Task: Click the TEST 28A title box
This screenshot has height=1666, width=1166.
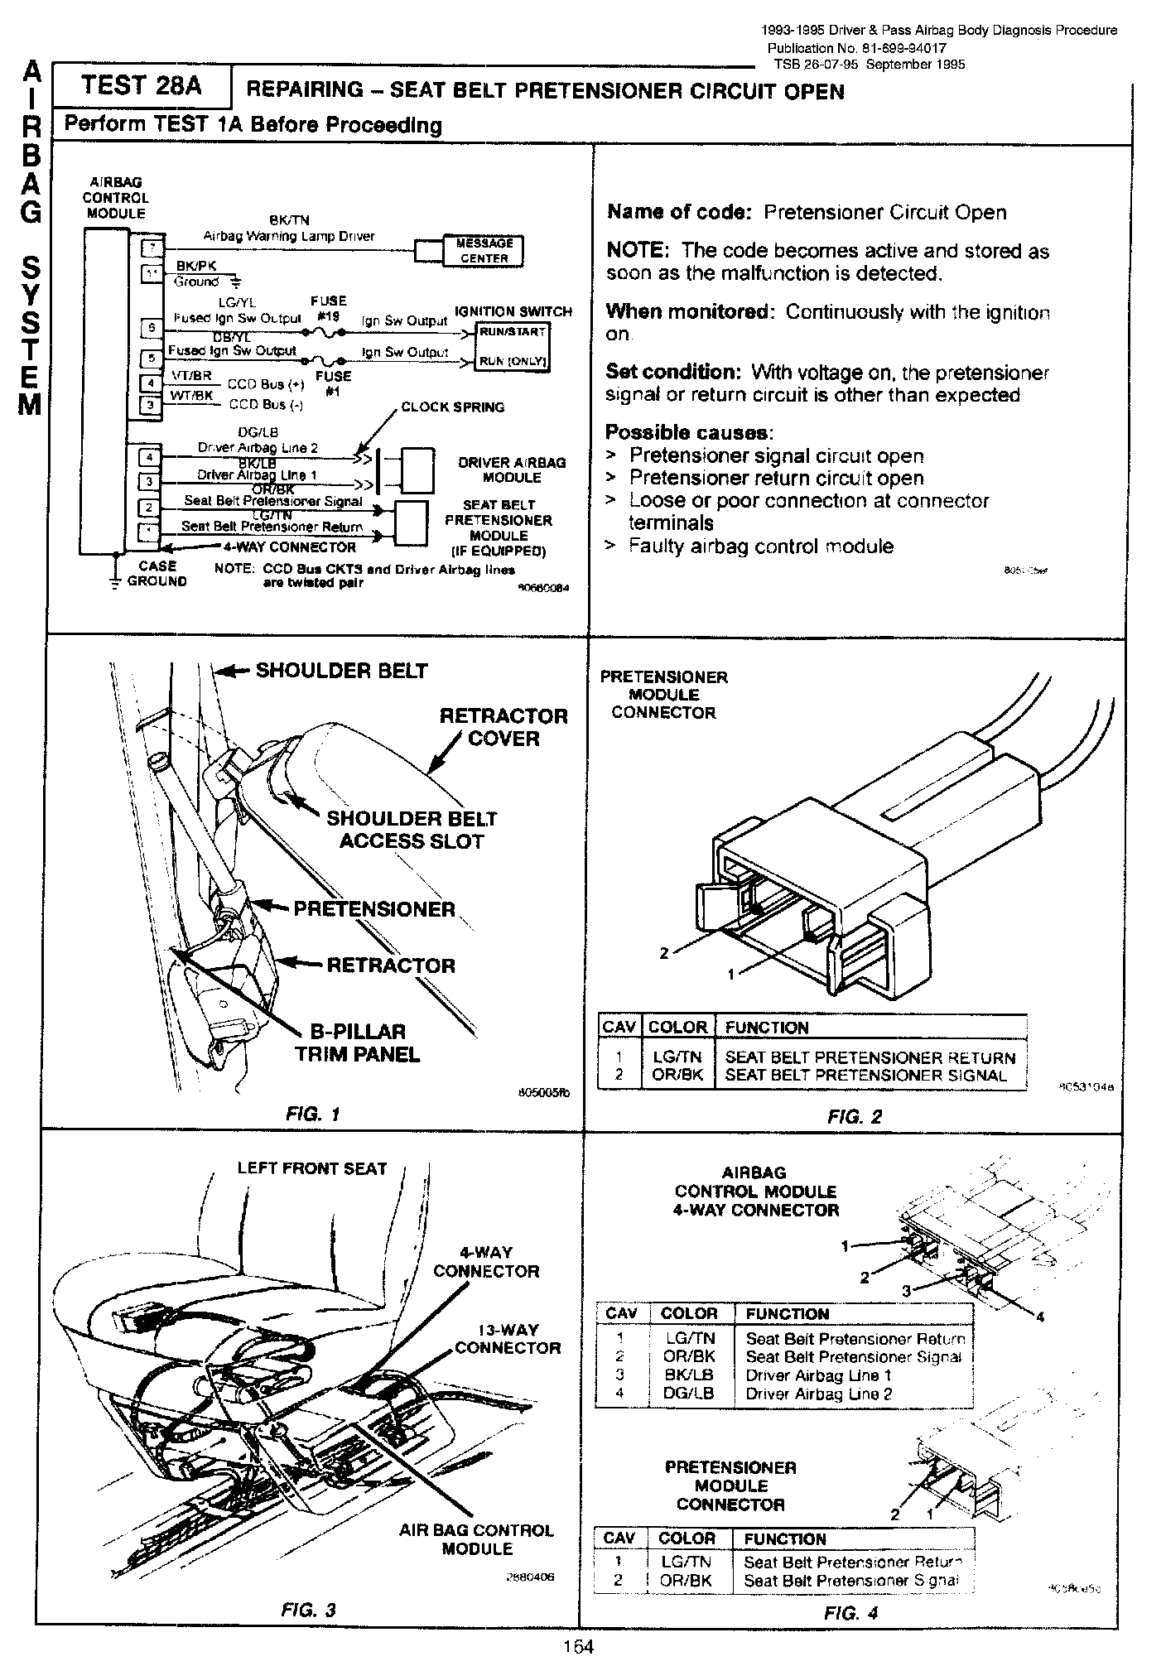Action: (x=142, y=87)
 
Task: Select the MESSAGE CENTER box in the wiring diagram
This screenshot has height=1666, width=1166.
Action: (x=484, y=251)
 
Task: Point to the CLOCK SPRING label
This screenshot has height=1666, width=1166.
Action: (x=452, y=407)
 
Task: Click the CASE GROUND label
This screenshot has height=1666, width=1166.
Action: (x=157, y=574)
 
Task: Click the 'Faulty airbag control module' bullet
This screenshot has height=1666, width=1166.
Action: (x=760, y=547)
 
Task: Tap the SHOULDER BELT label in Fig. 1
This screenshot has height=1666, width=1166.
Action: (x=341, y=671)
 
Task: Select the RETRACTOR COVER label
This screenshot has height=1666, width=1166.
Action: (x=503, y=727)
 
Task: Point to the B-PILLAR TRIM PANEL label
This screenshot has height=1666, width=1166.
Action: (x=358, y=1043)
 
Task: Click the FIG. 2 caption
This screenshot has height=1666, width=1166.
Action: (x=855, y=1116)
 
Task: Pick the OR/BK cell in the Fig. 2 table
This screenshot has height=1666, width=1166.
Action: (x=677, y=1076)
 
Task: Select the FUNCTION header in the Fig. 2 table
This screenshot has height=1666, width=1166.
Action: (x=767, y=1028)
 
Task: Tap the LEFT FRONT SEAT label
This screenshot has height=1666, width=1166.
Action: (x=312, y=1168)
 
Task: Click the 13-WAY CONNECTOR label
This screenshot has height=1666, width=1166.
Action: (x=508, y=1339)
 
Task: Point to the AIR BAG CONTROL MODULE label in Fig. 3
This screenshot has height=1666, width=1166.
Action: (x=476, y=1539)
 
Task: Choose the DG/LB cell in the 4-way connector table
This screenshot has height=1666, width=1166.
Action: (x=689, y=1394)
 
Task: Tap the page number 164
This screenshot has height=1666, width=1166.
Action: (x=579, y=1647)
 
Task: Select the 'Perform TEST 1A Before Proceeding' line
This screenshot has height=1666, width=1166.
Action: (x=253, y=125)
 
